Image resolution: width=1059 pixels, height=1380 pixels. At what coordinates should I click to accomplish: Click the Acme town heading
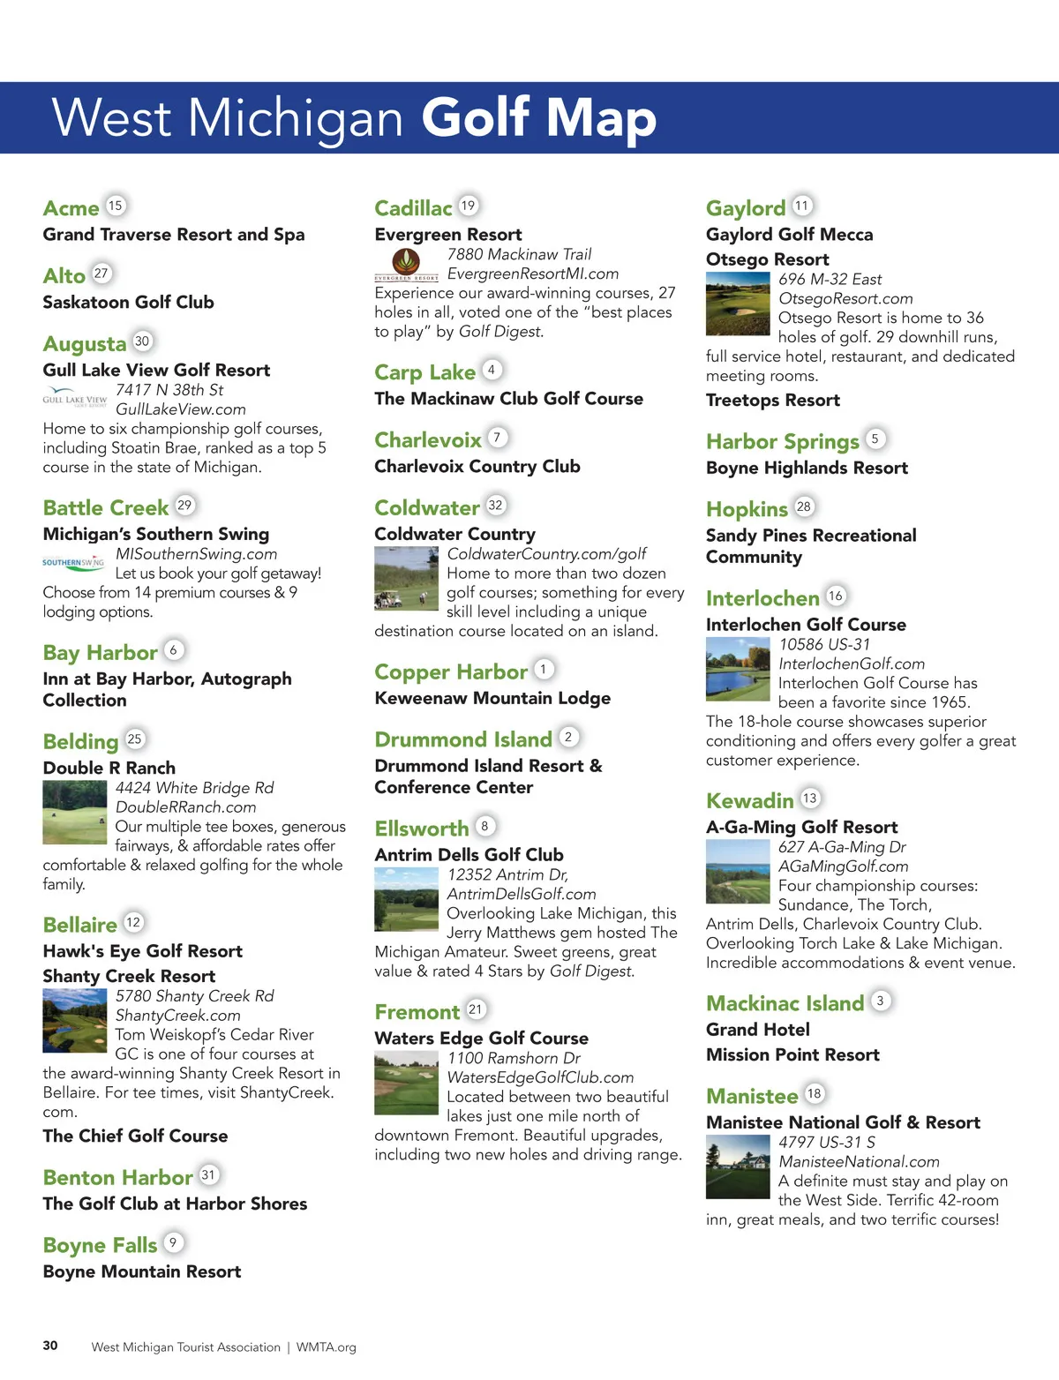click(71, 208)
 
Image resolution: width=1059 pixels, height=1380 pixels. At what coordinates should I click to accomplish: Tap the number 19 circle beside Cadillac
click(468, 206)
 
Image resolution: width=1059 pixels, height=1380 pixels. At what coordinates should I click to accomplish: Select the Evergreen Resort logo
click(406, 264)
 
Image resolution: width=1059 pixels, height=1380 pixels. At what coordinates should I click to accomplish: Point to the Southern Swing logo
click(73, 562)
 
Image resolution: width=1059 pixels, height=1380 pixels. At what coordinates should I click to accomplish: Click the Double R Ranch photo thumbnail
click(75, 812)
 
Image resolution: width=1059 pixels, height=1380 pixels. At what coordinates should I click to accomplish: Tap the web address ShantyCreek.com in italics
click(177, 1016)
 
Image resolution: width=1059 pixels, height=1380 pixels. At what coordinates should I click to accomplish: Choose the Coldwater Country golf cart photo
click(406, 578)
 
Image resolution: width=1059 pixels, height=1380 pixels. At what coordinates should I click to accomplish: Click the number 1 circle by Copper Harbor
click(544, 670)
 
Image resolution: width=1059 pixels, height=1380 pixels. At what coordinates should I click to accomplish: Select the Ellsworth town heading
click(422, 829)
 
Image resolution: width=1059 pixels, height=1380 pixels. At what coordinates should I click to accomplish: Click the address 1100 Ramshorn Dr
click(514, 1058)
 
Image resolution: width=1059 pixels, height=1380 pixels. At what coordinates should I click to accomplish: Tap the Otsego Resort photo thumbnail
click(738, 304)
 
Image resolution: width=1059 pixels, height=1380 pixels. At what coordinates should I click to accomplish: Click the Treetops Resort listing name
click(772, 401)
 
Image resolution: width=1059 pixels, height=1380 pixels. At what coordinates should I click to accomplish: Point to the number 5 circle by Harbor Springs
click(875, 439)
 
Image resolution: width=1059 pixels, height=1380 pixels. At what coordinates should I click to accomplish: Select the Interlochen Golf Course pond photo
click(738, 668)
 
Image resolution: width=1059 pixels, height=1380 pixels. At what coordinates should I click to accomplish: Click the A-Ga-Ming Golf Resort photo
click(738, 871)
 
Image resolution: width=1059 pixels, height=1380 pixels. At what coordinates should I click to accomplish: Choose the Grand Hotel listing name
click(757, 1030)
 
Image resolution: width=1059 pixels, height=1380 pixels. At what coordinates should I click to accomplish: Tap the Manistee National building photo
click(738, 1166)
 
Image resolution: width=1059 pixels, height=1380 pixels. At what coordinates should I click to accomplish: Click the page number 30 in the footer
click(50, 1346)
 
